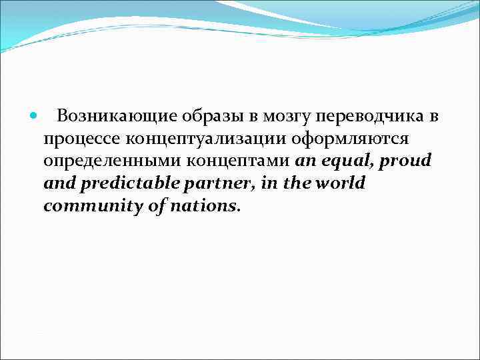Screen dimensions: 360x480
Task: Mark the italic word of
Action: (158, 206)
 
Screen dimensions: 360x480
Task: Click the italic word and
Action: (57, 183)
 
